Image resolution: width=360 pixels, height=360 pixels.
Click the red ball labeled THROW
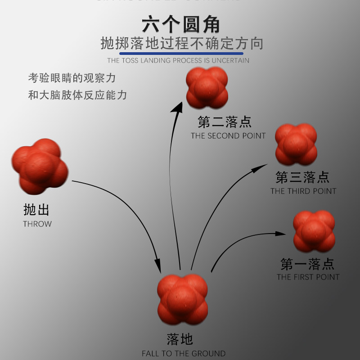coord(40,166)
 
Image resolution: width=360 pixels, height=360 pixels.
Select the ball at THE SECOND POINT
coord(207,88)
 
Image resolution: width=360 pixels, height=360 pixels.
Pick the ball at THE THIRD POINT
coord(296,144)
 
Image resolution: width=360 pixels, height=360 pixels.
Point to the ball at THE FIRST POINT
coord(314,231)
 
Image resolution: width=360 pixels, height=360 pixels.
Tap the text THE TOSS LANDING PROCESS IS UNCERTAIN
coord(178,60)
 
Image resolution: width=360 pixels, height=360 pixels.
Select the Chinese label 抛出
coord(36,210)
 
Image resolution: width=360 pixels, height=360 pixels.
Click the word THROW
coord(37,224)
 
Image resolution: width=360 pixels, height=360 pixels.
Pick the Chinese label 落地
coord(180,339)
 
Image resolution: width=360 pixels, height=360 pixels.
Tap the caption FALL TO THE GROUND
coord(184,353)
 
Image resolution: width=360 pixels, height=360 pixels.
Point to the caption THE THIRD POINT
coord(303,191)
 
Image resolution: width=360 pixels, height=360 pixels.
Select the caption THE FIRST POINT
coord(308,277)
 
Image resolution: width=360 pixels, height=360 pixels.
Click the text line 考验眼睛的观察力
coord(72,78)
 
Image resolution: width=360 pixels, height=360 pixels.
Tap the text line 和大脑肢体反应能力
coord(77,95)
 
